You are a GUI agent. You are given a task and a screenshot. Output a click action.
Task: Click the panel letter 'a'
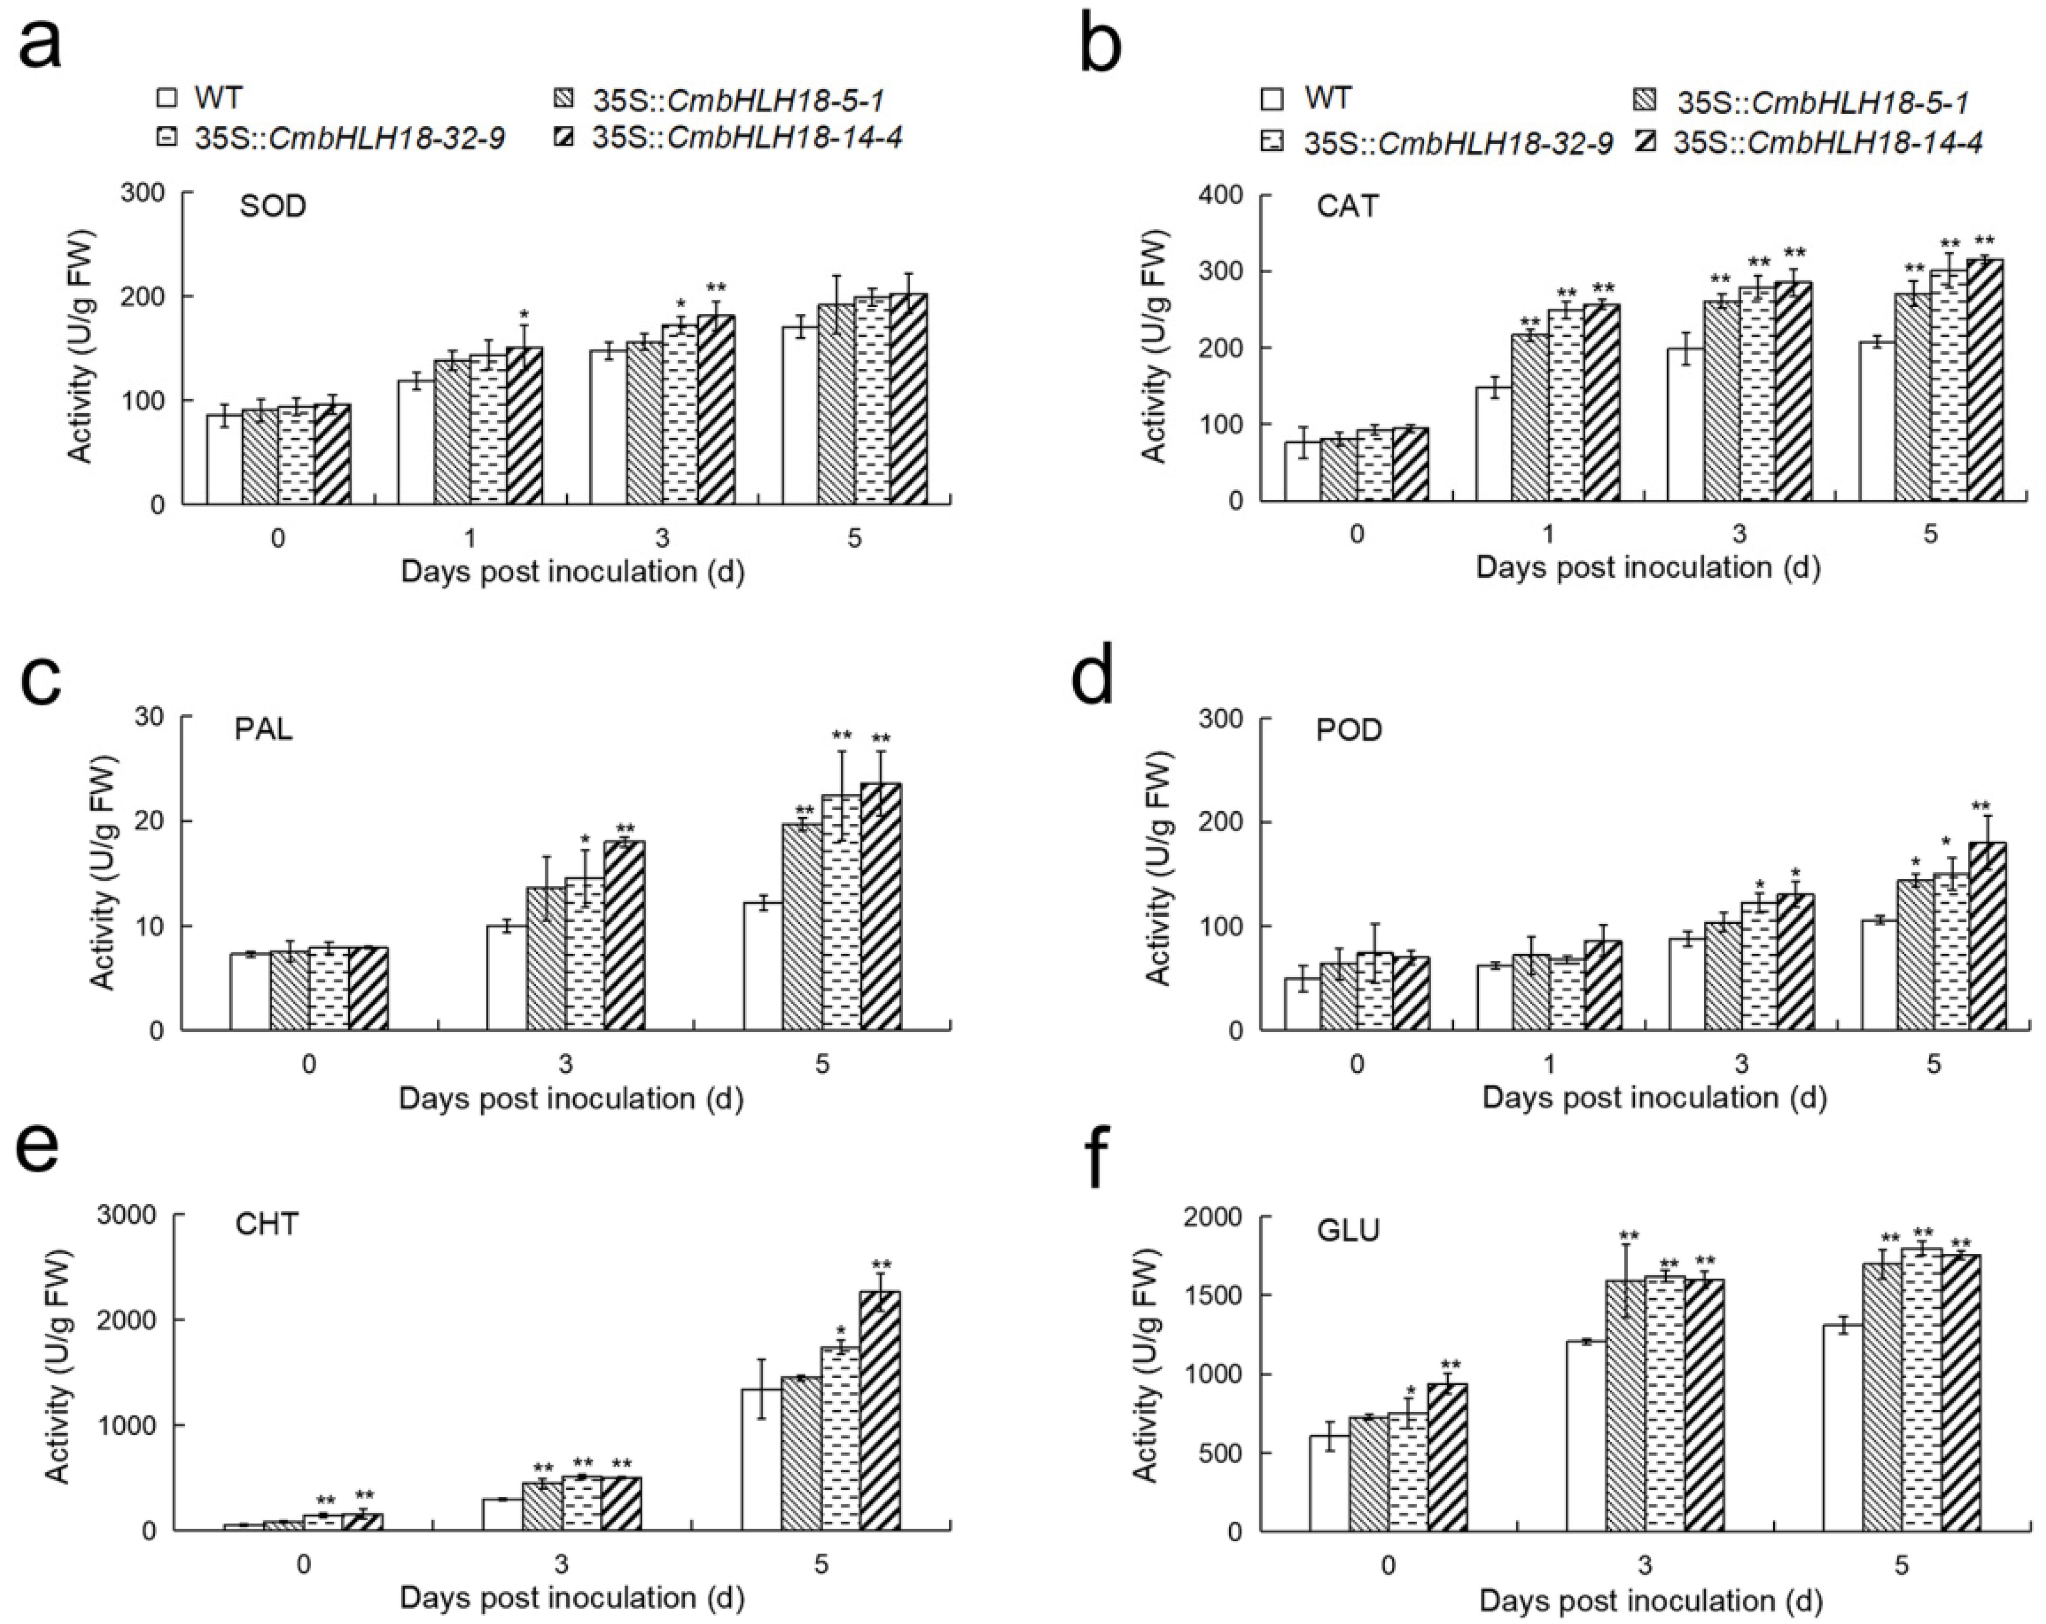(x=40, y=43)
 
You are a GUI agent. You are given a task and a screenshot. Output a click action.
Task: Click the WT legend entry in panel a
(x=201, y=98)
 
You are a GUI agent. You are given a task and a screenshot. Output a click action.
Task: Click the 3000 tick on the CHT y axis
(x=133, y=1216)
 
